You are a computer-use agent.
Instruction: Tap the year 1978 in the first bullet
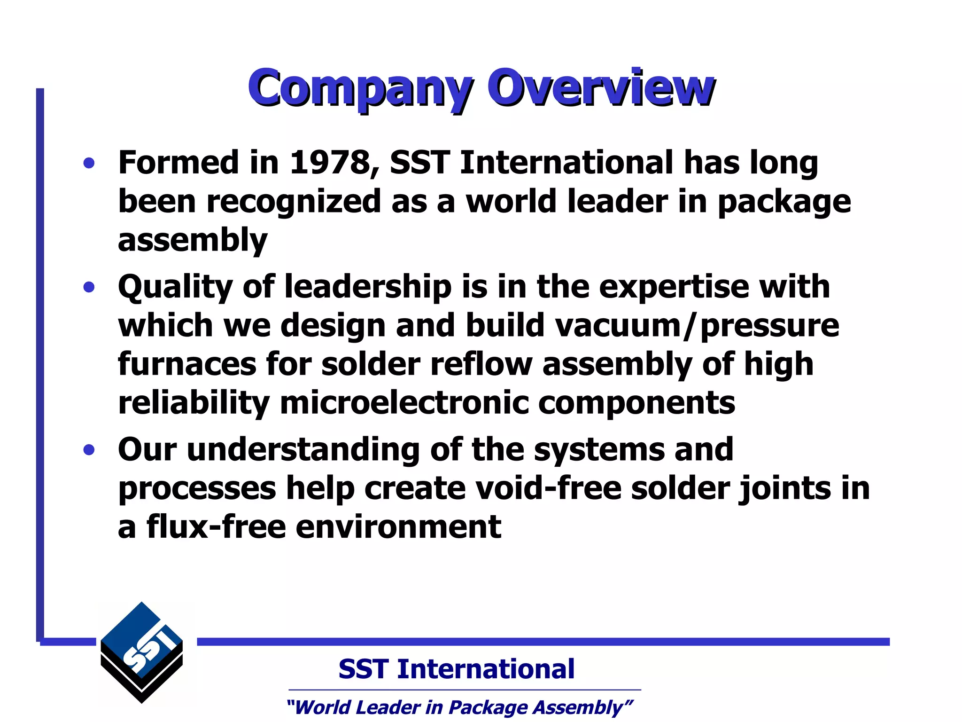(329, 163)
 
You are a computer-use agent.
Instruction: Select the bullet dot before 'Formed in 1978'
(89, 164)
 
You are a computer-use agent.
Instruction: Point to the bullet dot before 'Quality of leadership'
(89, 287)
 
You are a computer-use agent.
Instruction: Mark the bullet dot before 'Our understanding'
(89, 450)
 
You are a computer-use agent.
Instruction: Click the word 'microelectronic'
(403, 403)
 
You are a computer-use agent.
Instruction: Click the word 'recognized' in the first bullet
(293, 202)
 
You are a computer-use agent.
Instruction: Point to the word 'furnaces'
(186, 364)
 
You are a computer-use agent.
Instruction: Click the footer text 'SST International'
(456, 669)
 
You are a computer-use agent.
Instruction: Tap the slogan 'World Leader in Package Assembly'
(459, 707)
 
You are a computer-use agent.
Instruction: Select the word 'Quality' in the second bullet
(175, 287)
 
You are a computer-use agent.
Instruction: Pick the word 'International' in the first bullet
(567, 163)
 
